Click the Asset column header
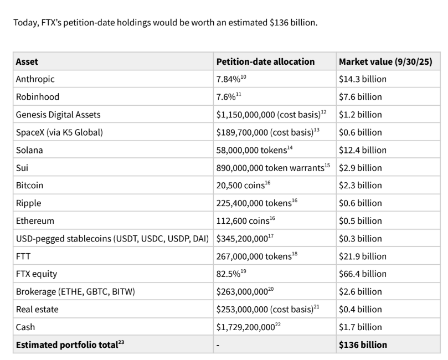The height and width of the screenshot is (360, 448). point(27,61)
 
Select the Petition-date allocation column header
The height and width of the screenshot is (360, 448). point(265,61)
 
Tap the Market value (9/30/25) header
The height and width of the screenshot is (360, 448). point(385,61)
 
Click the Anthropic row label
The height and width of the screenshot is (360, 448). point(35,79)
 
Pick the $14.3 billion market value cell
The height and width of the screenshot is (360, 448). point(363,79)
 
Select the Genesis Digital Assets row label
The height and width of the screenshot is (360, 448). point(58,115)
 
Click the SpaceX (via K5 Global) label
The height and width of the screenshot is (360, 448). point(59,132)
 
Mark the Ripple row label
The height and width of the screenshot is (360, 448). point(29,203)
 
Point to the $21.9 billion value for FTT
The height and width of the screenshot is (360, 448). point(363,256)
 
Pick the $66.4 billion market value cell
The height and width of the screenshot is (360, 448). point(363,274)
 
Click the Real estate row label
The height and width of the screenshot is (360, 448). point(37,310)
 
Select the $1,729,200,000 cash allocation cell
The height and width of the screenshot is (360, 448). point(245,327)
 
